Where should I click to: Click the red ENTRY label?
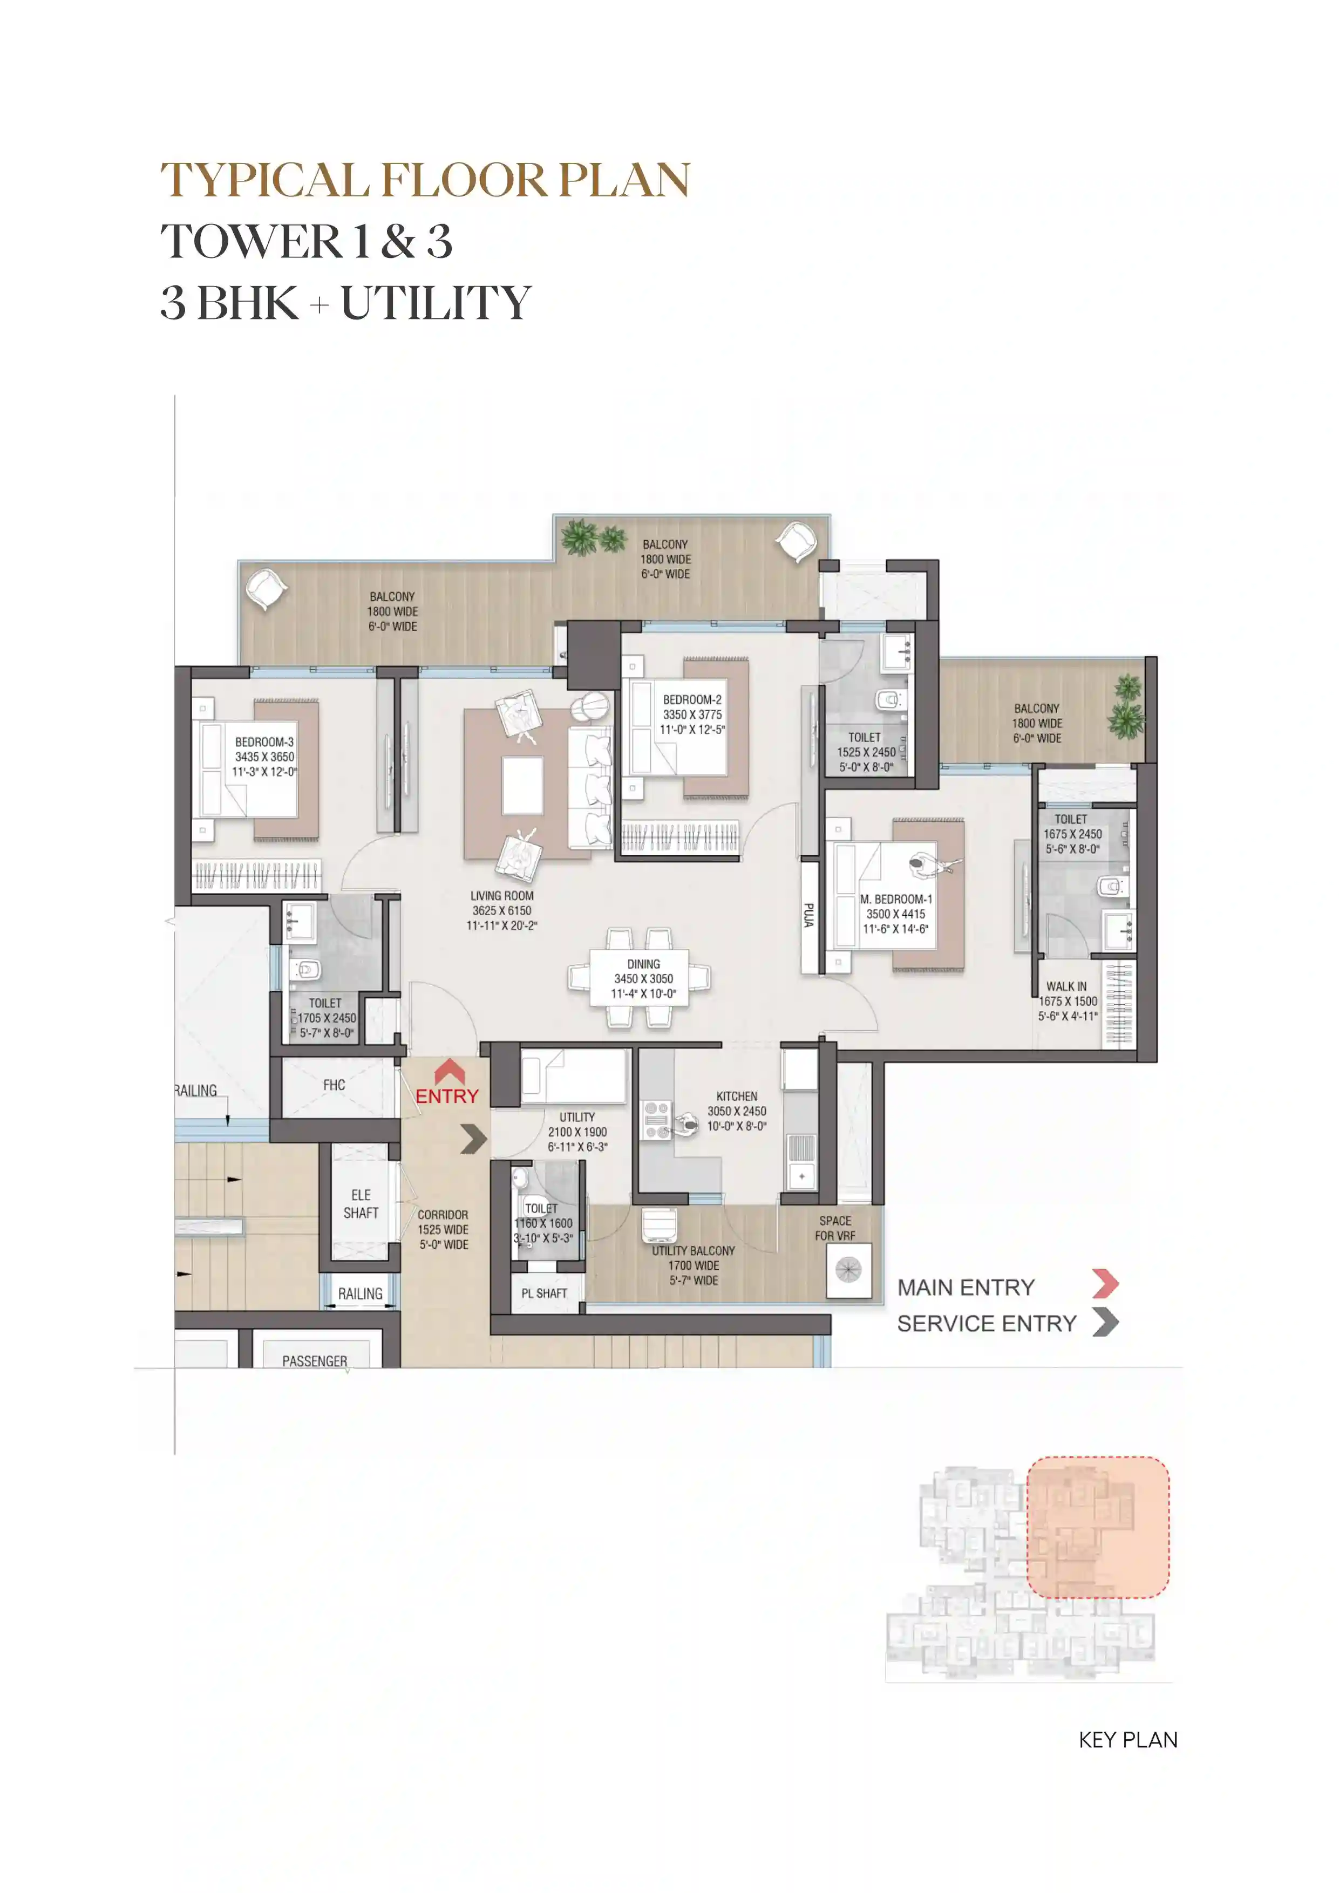(447, 1096)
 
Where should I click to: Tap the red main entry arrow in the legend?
(1106, 1284)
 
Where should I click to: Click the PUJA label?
(809, 916)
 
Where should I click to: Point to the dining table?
(643, 979)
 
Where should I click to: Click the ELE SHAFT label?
(361, 1204)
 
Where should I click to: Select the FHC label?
(334, 1085)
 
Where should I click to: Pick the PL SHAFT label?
(544, 1293)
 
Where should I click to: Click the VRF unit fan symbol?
(848, 1270)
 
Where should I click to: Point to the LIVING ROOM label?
(502, 895)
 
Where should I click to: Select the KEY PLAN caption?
(1128, 1740)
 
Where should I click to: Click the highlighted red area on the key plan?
(1097, 1527)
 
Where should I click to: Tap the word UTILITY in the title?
(436, 303)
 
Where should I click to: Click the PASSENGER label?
(315, 1361)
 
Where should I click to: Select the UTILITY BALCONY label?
(694, 1251)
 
